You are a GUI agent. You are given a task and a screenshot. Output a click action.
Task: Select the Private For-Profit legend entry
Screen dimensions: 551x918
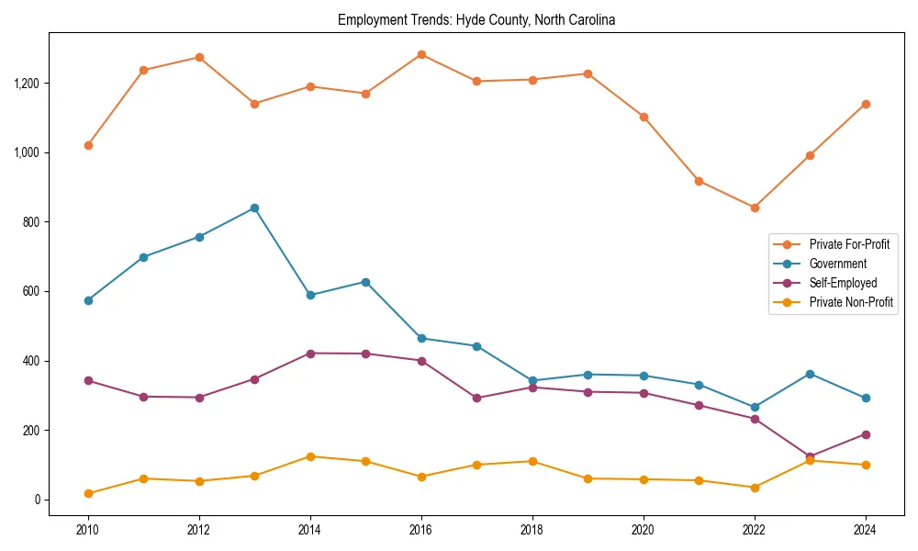coord(848,244)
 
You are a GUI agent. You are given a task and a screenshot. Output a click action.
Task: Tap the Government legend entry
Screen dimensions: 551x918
coord(837,264)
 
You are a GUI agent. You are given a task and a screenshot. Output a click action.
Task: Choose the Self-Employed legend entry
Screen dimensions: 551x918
coord(843,283)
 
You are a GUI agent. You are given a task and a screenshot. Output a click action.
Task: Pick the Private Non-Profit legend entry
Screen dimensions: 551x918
coord(851,302)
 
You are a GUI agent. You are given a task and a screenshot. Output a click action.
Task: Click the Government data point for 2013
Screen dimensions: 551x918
coord(254,208)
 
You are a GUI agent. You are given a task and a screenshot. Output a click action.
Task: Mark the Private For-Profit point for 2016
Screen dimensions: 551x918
coord(421,54)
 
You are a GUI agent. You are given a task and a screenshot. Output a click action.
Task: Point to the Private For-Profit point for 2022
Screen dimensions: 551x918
coord(755,208)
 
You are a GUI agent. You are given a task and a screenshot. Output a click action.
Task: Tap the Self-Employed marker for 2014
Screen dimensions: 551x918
coord(310,354)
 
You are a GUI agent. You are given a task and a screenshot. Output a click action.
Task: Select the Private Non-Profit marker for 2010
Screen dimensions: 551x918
coord(88,493)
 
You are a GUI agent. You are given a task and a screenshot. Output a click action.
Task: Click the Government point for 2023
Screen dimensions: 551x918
coord(810,374)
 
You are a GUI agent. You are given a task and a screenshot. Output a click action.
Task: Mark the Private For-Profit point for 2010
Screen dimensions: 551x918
coord(88,145)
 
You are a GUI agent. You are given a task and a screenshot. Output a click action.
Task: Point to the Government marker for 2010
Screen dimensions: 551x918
coord(88,300)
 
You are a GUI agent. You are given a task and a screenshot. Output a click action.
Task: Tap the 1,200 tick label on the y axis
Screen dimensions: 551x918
coord(28,84)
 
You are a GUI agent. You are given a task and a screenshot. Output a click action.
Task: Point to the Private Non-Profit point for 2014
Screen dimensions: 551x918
coord(310,456)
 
